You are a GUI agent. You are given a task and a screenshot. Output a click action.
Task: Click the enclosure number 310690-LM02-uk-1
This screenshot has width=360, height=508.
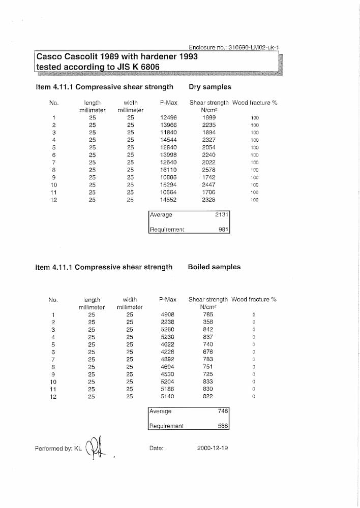[x=254, y=47]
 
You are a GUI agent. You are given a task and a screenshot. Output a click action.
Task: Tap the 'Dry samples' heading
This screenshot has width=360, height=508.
[x=209, y=87]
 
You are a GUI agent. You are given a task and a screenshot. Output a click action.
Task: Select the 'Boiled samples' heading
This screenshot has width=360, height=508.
[x=214, y=267]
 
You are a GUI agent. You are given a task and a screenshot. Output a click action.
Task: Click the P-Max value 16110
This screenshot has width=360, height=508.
[x=168, y=170]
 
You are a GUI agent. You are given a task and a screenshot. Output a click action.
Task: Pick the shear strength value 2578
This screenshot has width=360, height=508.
[x=208, y=170]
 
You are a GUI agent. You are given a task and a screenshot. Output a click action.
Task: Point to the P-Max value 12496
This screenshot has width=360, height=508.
[x=168, y=117]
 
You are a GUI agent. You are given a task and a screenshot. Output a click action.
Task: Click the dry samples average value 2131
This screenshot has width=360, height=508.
[x=222, y=214]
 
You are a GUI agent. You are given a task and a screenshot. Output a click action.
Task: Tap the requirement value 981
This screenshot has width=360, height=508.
[x=223, y=230]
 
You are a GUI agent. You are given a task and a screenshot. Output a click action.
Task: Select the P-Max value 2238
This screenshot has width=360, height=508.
[x=167, y=322]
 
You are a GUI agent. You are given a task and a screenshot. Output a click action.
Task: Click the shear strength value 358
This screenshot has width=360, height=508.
[x=207, y=322]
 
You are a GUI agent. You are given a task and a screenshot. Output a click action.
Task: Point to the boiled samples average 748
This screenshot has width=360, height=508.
[x=223, y=411]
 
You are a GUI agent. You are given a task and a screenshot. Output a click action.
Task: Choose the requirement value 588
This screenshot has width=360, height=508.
[x=223, y=426]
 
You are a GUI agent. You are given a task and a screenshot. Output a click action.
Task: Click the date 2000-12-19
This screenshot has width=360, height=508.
[x=212, y=448]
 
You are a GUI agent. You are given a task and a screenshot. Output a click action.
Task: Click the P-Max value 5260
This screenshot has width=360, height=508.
[x=167, y=329]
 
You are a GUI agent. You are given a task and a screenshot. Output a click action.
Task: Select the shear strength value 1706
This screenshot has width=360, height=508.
[x=208, y=193]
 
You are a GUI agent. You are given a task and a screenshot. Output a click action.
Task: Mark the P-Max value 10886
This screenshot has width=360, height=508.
[x=168, y=177]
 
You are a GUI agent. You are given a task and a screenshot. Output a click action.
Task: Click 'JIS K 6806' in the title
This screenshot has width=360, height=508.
[x=134, y=67]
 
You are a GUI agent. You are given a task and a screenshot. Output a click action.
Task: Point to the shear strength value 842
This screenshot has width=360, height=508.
[x=207, y=329]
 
